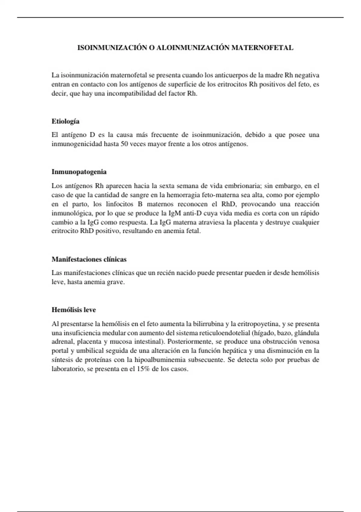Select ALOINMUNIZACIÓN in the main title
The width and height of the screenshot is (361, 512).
[x=193, y=48]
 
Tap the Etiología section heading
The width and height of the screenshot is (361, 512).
[x=66, y=121]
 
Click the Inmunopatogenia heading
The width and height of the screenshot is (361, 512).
[x=79, y=172]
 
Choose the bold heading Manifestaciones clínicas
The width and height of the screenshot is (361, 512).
[x=89, y=259]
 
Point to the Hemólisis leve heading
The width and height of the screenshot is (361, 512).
[x=74, y=310]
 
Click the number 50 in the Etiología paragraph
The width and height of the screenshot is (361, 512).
[x=124, y=144]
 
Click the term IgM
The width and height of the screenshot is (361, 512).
[x=174, y=213]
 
